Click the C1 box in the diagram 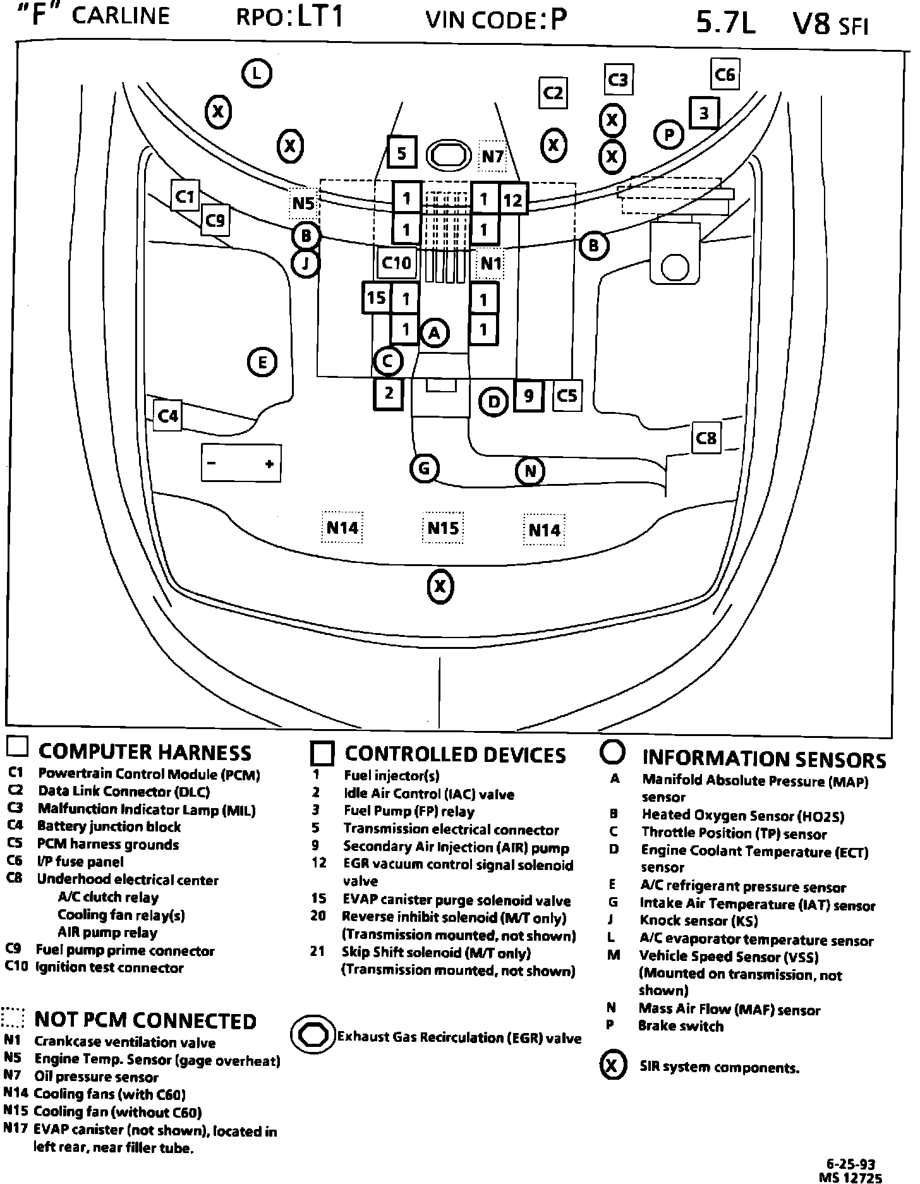[x=185, y=196]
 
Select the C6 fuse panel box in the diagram [x=724, y=75]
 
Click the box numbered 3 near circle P [x=703, y=114]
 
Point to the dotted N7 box [x=492, y=155]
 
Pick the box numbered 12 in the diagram [x=512, y=200]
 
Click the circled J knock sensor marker [x=306, y=263]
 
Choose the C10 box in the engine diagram [x=397, y=262]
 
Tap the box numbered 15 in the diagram [x=376, y=297]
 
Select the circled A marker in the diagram [x=434, y=333]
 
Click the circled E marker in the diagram [x=262, y=363]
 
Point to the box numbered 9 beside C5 [x=528, y=396]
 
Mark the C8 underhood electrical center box [x=706, y=438]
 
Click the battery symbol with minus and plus [x=240, y=464]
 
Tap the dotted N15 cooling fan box [x=443, y=528]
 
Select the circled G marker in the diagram [x=424, y=469]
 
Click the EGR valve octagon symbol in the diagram [x=449, y=154]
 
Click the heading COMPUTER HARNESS [x=145, y=752]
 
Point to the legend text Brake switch [x=681, y=1026]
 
